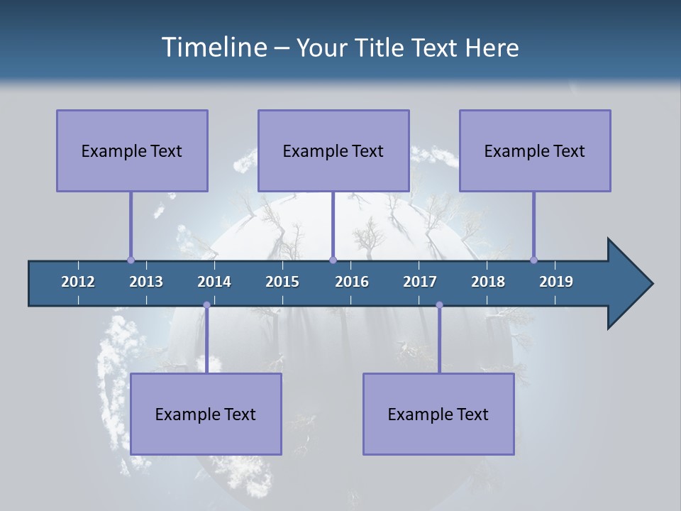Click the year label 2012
coord(78,282)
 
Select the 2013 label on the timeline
coord(146,282)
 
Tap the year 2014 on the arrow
coord(214,282)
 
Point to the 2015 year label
coord(282,282)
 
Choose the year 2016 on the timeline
coord(352,282)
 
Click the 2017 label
coord(420,282)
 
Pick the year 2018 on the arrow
coord(488,282)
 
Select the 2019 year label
coord(556,282)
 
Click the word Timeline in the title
coord(213,48)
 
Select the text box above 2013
coord(132,150)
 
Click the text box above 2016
coord(333,150)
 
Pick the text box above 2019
coord(535,150)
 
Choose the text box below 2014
coord(206,414)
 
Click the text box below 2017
coord(438,414)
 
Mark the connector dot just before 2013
coord(131,260)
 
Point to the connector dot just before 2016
coord(333,260)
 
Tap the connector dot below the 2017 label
coord(439,305)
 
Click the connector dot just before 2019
coord(533,260)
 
